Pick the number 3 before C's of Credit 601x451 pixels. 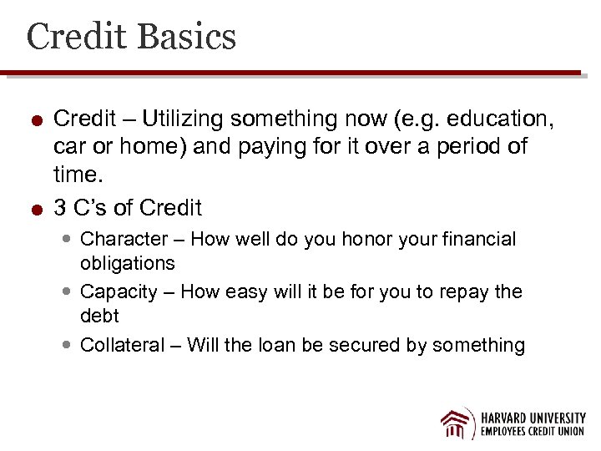click(60, 207)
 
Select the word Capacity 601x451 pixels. click(119, 291)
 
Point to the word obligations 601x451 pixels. click(127, 264)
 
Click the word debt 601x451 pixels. click(99, 317)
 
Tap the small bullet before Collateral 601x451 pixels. click(68, 345)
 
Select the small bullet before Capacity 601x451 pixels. click(68, 292)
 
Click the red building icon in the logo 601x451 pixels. click(457, 423)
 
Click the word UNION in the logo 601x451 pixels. click(568, 432)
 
